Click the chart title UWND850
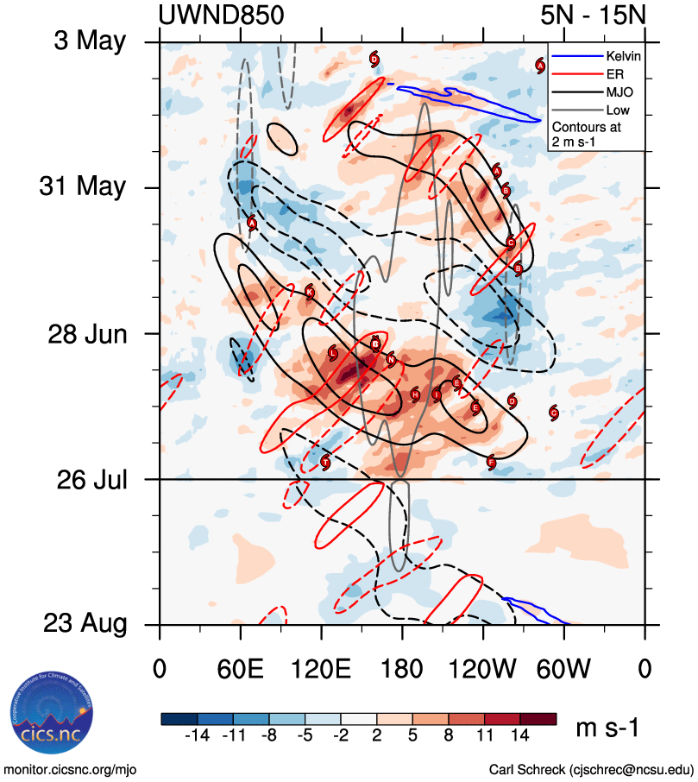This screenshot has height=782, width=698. coord(221,16)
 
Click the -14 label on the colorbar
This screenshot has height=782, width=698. coord(198,736)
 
